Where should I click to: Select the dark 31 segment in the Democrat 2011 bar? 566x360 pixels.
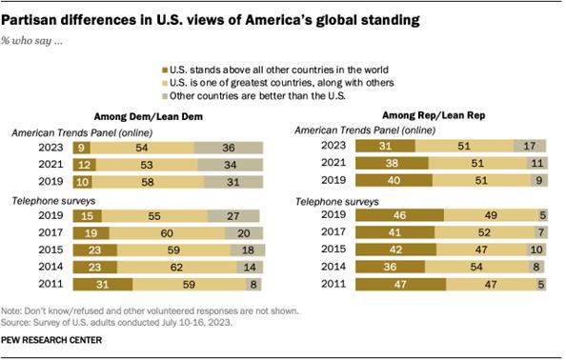pos(100,284)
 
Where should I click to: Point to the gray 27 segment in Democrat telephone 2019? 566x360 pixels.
pos(230,216)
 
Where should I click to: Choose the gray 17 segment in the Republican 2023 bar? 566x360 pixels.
pos(530,146)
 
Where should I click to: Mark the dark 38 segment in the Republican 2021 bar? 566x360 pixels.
pos(389,163)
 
